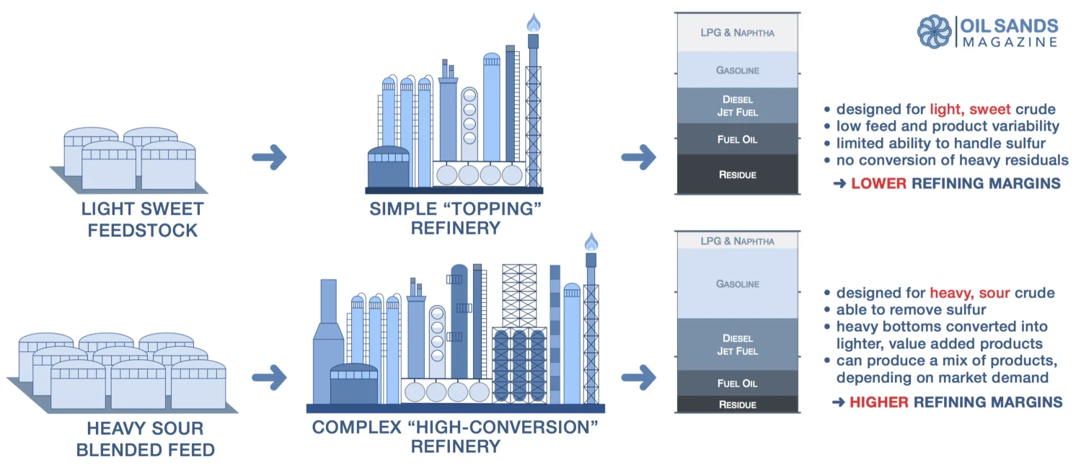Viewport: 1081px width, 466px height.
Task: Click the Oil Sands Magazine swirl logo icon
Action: (x=935, y=32)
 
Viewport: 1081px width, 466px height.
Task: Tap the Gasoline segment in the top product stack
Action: (x=738, y=69)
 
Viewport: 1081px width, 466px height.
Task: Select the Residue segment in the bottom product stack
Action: (x=738, y=404)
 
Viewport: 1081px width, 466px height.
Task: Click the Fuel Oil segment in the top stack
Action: (x=738, y=139)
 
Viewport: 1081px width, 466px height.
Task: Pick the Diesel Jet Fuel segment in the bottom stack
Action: (x=738, y=344)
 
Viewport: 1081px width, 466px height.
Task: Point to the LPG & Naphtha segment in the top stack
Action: (x=738, y=32)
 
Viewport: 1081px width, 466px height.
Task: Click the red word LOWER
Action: (x=878, y=183)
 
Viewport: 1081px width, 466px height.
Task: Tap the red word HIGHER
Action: (x=879, y=402)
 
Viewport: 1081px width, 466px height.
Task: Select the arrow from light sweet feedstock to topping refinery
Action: (x=269, y=157)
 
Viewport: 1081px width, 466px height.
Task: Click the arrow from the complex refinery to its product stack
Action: (x=638, y=377)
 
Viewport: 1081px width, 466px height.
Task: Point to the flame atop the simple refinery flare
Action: (x=533, y=22)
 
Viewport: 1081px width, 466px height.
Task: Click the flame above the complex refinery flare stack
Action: (x=591, y=242)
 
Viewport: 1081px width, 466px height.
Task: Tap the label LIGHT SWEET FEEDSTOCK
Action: (x=142, y=219)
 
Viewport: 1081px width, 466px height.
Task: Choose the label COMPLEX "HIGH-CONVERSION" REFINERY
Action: (x=455, y=436)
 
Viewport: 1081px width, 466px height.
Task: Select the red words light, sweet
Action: (x=970, y=109)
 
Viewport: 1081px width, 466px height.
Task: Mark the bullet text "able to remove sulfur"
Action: (x=911, y=309)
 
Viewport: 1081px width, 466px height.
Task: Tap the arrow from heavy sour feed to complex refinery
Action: (x=269, y=377)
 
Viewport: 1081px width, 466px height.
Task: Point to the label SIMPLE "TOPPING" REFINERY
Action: (x=455, y=219)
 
